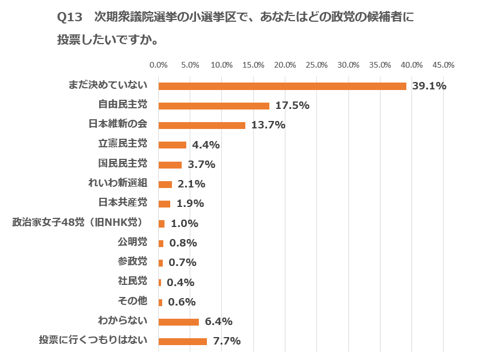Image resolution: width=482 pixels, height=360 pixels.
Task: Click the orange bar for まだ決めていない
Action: [x=282, y=86]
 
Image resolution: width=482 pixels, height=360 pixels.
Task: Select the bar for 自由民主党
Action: [x=214, y=105]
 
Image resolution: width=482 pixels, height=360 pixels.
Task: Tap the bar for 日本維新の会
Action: [x=202, y=125]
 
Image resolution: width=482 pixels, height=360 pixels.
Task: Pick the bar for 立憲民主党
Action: [x=172, y=144]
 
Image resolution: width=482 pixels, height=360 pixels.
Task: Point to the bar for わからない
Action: [x=178, y=322]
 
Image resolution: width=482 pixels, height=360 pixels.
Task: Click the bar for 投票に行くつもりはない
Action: [x=182, y=341]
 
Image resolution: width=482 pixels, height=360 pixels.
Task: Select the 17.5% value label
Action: [x=292, y=105]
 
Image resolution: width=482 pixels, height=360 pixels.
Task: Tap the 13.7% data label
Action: [x=268, y=125]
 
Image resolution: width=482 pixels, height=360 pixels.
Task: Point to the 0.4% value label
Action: [x=181, y=282]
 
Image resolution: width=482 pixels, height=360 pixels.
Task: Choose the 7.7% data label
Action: [x=226, y=341]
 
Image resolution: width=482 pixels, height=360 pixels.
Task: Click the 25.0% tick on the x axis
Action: [x=317, y=65]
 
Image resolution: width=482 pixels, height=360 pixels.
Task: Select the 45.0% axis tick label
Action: [x=444, y=65]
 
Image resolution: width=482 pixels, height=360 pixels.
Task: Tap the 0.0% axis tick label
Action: [x=158, y=65]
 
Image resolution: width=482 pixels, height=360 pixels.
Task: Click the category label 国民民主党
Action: [x=123, y=163]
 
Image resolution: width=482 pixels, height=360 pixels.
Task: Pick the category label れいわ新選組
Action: [x=119, y=183]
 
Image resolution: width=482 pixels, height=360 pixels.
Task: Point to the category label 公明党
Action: [x=132, y=242]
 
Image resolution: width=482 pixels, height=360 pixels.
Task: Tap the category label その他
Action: [x=132, y=301]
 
